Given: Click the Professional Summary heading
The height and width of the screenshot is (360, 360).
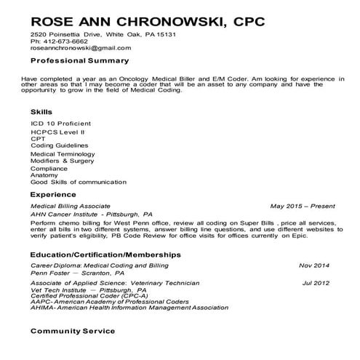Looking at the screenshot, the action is coord(79,60).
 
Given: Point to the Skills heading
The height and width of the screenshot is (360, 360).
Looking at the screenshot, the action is coord(41,112).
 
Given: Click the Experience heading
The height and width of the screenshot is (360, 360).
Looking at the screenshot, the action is coord(53,195).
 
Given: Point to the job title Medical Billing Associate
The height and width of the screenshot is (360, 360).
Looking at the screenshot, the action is coord(71,207).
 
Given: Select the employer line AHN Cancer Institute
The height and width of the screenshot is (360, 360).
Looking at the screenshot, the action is coord(91,215).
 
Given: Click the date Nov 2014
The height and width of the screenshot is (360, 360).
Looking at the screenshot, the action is coord(314,265).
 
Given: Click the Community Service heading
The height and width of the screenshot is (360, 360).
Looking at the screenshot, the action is coord(72,330).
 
